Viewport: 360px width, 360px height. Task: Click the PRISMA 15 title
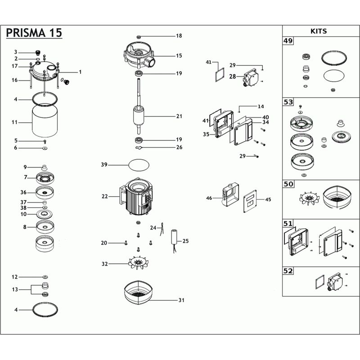click(34, 32)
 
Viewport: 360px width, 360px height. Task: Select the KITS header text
click(319, 31)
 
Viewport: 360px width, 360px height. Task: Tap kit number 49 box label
click(288, 41)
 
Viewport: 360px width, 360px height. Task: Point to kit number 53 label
click(288, 102)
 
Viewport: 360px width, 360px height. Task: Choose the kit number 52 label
click(288, 271)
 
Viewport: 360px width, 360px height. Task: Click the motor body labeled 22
click(136, 196)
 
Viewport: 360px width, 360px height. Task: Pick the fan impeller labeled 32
click(139, 262)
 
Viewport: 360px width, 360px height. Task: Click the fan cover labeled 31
click(139, 292)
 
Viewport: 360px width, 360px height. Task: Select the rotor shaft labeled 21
click(139, 106)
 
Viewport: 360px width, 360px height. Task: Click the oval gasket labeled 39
click(139, 165)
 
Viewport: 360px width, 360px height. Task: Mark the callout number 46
click(209, 198)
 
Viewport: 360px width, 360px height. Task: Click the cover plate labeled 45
click(250, 201)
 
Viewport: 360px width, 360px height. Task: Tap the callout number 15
click(179, 55)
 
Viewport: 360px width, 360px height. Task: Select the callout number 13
click(15, 289)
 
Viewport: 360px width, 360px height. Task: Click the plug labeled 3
click(37, 53)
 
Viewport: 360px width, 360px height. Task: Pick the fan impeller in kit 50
click(309, 198)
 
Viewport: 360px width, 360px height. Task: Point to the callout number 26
click(179, 147)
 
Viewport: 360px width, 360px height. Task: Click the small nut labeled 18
click(139, 37)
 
